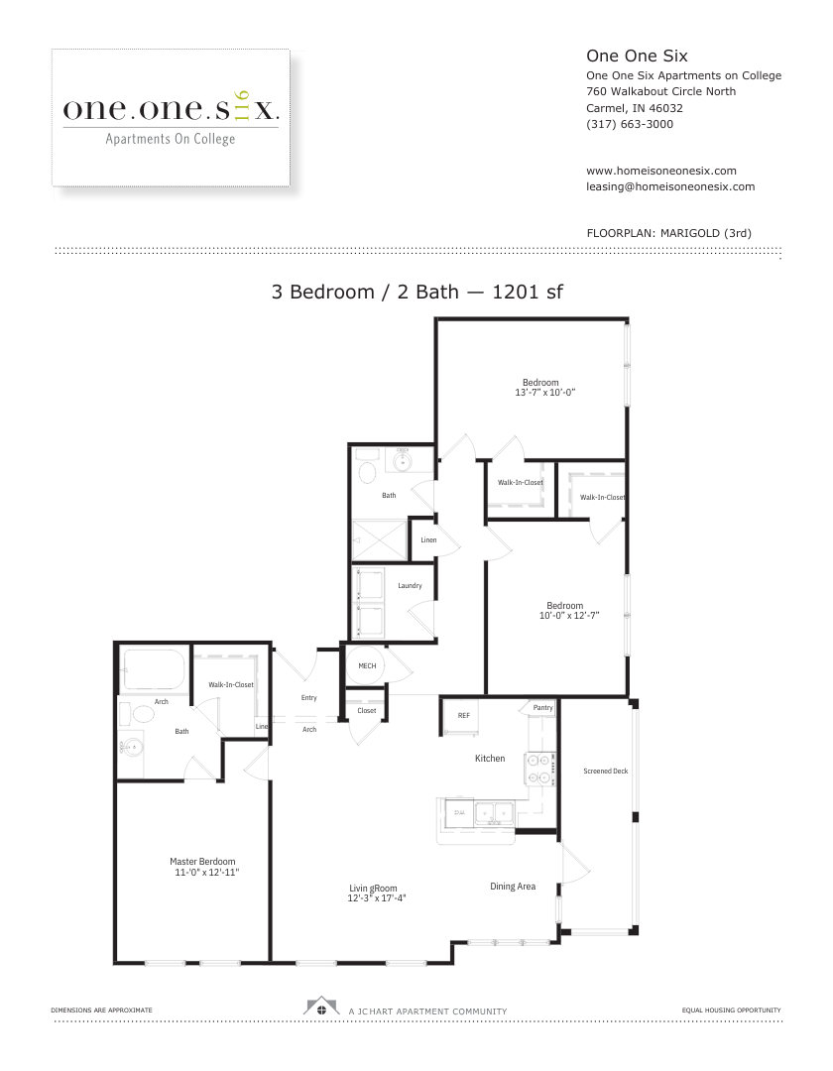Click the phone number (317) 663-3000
tap(630, 124)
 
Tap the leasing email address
tap(670, 186)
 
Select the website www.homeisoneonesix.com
tap(660, 171)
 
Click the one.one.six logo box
tap(171, 117)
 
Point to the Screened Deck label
tap(606, 772)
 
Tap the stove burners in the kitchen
tap(539, 769)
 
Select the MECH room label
tap(367, 666)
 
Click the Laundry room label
tap(410, 586)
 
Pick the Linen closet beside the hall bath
tap(428, 540)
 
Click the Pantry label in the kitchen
tap(542, 708)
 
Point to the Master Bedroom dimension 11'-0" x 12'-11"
tap(207, 873)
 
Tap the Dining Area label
tap(513, 887)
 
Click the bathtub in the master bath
tap(154, 669)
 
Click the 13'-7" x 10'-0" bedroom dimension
tap(544, 393)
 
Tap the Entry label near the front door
tap(308, 698)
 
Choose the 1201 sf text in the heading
tap(528, 292)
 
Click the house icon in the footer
tap(321, 1007)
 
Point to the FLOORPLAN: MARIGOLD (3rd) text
tap(669, 233)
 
